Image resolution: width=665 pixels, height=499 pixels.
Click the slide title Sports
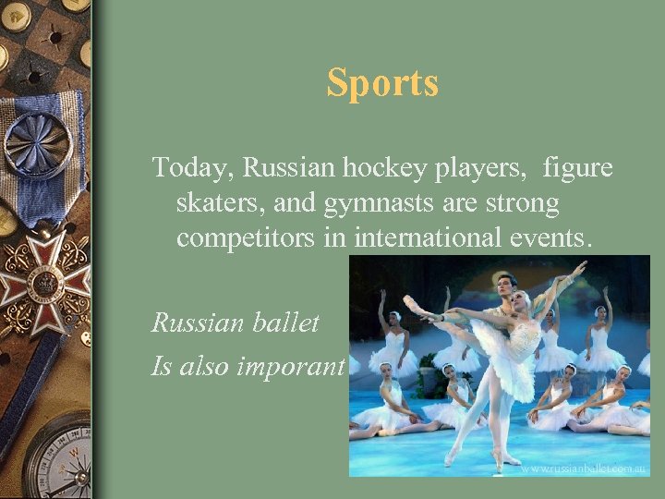382,83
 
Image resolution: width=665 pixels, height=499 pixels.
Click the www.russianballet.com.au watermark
582,468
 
